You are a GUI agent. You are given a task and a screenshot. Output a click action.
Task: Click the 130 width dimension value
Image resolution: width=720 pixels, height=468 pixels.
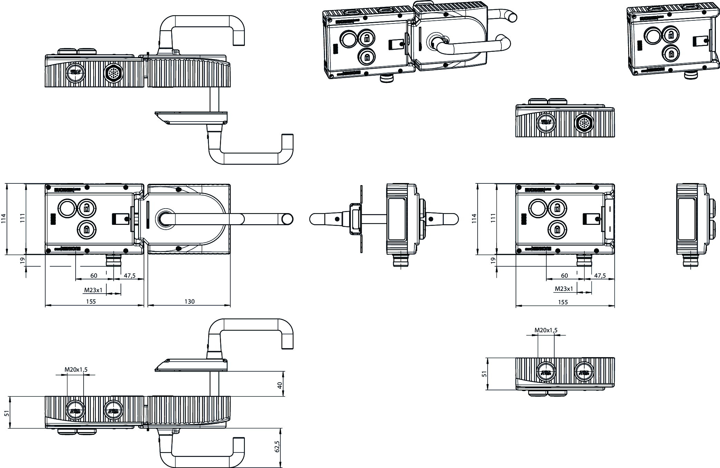[189, 302]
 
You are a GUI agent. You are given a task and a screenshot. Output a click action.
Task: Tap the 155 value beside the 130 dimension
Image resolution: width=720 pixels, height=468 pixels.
[91, 302]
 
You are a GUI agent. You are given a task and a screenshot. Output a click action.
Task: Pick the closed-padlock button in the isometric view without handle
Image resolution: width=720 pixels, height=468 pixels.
[670, 54]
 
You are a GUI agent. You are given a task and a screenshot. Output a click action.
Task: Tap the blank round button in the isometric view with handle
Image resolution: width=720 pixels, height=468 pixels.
[347, 39]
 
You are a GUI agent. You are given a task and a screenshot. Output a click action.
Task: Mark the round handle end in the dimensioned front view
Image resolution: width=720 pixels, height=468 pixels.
[287, 219]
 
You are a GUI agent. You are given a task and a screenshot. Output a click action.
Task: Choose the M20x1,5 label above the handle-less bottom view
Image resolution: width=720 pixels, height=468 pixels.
[546, 330]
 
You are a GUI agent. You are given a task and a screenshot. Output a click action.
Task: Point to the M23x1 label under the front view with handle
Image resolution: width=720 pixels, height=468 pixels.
[93, 290]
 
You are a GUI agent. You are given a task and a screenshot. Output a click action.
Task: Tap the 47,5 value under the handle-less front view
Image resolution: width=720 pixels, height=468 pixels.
[600, 276]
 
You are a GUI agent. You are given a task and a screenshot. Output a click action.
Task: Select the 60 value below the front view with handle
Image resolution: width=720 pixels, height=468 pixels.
[94, 276]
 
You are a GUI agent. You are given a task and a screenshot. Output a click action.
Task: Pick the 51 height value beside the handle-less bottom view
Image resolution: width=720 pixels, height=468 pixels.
[484, 374]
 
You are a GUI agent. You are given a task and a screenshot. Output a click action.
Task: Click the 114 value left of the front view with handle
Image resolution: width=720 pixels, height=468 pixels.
[4, 219]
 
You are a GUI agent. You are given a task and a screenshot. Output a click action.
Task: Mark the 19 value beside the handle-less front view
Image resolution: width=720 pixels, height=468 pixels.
[493, 260]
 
